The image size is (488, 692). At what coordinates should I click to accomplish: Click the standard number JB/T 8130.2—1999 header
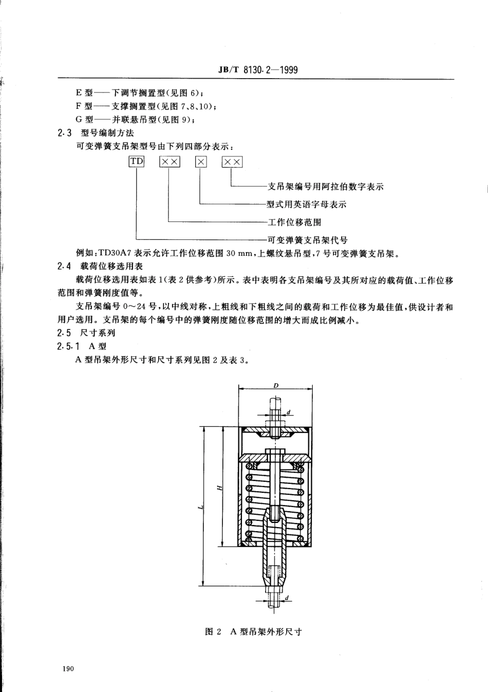tap(258, 69)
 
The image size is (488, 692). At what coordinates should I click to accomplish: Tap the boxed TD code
tap(137, 161)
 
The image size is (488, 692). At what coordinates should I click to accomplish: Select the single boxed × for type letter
tap(201, 162)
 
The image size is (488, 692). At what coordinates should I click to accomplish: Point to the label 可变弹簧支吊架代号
tap(308, 239)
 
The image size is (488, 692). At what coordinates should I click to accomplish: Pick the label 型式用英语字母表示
tap(307, 204)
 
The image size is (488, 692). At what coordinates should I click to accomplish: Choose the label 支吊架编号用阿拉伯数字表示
tap(326, 186)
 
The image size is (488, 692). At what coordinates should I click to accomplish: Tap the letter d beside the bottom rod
tap(287, 597)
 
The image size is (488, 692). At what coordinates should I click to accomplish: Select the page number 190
tap(67, 669)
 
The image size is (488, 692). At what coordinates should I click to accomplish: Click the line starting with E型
tap(140, 93)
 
